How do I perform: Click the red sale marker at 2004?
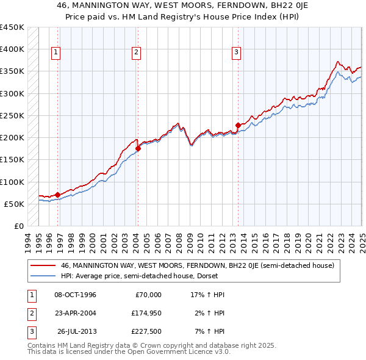point(138,148)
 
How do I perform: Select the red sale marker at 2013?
point(237,125)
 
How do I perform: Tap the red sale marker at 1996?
point(57,195)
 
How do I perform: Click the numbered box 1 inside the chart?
point(56,52)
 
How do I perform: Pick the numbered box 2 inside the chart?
point(136,52)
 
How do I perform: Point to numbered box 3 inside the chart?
point(235,52)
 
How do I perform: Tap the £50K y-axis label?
point(13,204)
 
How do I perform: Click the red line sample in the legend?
point(43,266)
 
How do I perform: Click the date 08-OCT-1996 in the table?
point(75,295)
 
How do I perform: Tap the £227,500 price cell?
point(146,332)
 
